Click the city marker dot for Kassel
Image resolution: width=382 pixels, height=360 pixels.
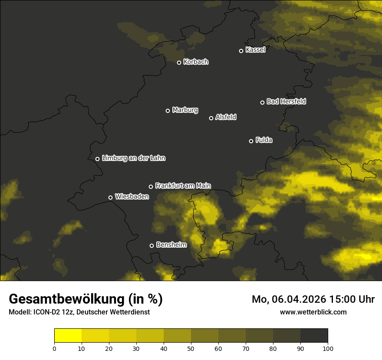click(241, 51)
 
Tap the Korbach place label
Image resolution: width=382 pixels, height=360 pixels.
click(196, 62)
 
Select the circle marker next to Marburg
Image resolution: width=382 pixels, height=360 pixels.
click(168, 111)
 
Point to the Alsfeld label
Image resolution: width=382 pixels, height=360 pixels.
click(226, 117)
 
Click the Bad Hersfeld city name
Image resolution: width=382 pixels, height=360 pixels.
click(286, 101)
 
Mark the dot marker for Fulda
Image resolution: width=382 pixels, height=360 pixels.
click(251, 141)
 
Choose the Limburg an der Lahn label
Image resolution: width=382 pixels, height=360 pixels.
click(133, 158)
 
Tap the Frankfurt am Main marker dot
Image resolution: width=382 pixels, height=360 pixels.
click(151, 187)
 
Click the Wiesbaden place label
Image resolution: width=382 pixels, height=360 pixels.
click(132, 197)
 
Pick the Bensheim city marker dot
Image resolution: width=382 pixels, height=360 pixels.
click(151, 245)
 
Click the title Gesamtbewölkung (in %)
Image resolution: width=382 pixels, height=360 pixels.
click(86, 299)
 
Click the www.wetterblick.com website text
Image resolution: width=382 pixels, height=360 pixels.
click(313, 312)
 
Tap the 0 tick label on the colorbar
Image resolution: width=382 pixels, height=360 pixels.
click(54, 348)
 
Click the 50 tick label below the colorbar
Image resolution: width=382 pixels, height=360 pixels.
click(191, 348)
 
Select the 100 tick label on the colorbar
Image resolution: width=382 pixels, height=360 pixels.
click(328, 348)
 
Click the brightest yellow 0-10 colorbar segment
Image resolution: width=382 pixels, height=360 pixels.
click(68, 336)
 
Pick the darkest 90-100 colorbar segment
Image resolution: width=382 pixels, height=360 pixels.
click(314, 336)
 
